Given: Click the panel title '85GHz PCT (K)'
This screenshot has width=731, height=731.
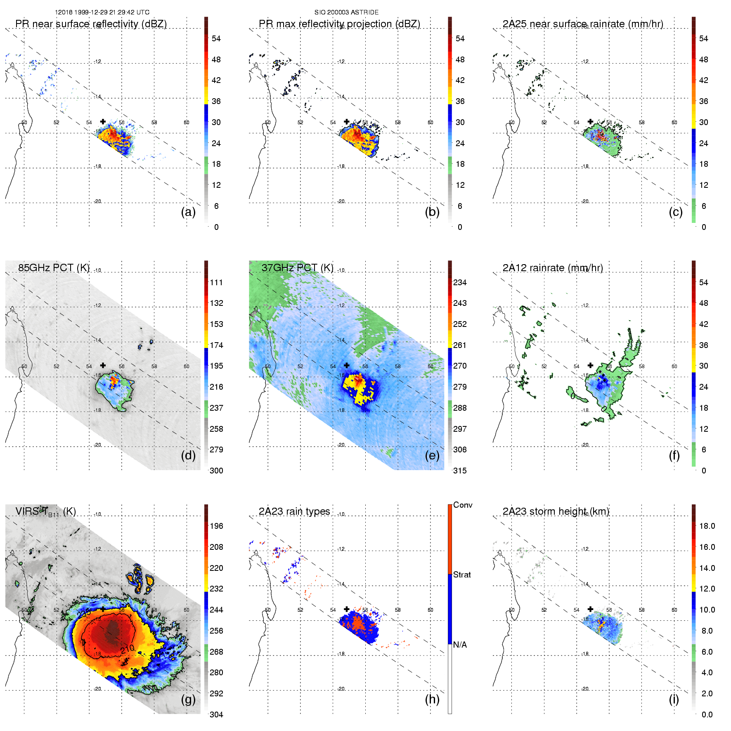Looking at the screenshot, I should (54, 268).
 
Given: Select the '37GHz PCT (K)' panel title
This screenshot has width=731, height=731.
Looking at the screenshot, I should (297, 268).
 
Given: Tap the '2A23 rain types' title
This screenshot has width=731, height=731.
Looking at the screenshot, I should (294, 511).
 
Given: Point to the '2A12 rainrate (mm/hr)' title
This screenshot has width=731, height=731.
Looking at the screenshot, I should (553, 268).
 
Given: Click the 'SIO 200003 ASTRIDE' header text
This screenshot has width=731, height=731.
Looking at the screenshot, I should (346, 12).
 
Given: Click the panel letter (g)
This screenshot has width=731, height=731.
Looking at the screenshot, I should (188, 699).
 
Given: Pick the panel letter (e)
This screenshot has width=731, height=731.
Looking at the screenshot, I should (432, 455).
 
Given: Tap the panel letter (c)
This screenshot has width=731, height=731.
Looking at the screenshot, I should (676, 212).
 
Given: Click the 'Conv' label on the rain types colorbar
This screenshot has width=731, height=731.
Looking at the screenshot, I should (463, 505).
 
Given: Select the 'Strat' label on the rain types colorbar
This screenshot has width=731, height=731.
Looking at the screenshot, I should (462, 575).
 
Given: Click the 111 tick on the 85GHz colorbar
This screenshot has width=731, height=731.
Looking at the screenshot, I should (216, 282).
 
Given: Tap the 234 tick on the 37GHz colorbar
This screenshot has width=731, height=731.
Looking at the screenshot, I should (460, 282).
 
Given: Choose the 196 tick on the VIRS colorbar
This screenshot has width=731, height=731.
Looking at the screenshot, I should (216, 526).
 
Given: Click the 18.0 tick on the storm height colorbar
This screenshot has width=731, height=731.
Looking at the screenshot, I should (707, 526).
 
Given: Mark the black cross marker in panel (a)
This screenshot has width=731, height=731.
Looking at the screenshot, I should (103, 121).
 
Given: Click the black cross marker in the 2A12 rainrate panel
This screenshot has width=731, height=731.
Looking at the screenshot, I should (590, 365).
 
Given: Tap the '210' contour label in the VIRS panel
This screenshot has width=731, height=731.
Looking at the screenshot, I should (128, 648).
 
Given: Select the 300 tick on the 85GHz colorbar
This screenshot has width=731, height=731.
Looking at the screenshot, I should (216, 471).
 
